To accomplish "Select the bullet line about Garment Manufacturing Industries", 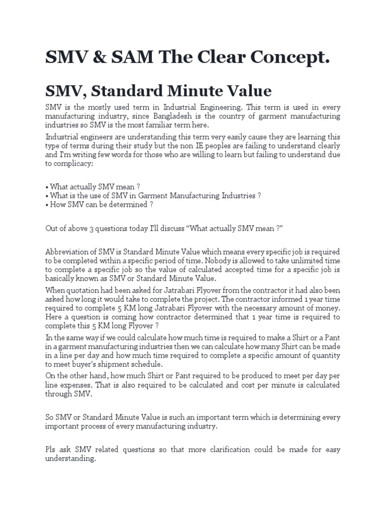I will tap(153, 195).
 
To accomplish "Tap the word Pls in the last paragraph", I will tap(51, 450).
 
